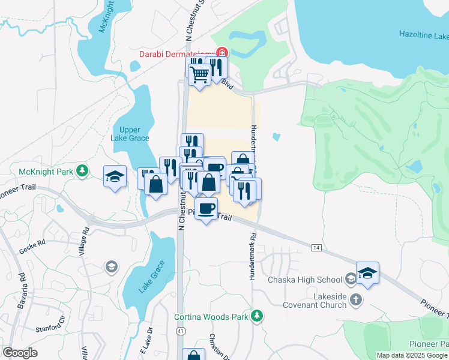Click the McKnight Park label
46,172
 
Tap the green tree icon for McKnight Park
83,172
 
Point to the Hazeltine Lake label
424,35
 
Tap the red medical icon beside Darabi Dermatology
221,53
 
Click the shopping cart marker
199,75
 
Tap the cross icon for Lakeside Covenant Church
356,299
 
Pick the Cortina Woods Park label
212,316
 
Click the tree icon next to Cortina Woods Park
257,316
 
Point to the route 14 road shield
316,247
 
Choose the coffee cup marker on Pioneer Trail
206,209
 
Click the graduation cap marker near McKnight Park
115,176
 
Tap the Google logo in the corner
20,353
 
